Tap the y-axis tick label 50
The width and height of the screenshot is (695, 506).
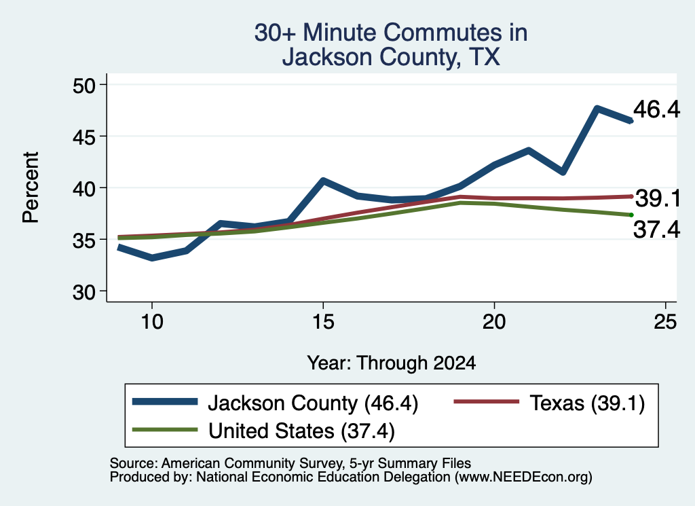tap(83, 85)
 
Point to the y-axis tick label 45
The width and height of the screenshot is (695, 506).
tap(83, 137)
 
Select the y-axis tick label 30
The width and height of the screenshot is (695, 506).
tap(83, 292)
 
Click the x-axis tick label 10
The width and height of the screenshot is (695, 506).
tap(152, 321)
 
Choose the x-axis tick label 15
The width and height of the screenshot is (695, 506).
tap(323, 321)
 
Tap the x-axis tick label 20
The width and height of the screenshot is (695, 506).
tap(494, 321)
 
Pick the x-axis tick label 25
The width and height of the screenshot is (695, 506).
tap(665, 321)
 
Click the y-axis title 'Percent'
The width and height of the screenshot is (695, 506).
tap(31, 187)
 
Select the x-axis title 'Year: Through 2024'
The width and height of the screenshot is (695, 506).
tap(392, 363)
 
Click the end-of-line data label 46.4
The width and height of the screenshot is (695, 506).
tap(656, 109)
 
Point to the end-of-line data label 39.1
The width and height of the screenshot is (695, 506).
tap(658, 198)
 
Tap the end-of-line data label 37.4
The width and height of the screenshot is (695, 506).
tap(656, 230)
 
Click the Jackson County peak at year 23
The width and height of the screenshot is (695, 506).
tap(597, 108)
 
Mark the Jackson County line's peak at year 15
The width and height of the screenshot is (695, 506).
tap(323, 180)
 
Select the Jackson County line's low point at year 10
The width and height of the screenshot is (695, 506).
tap(152, 258)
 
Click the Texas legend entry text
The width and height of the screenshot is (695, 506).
tap(587, 403)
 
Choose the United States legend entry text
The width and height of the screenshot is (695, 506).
tap(301, 431)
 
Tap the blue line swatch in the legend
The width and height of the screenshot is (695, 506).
tap(165, 402)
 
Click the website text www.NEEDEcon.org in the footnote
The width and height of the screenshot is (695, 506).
tap(523, 477)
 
